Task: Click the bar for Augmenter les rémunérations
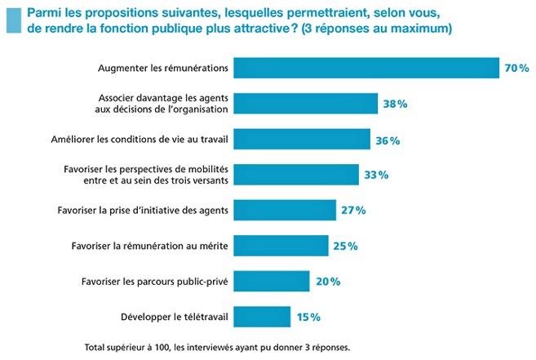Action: (365, 68)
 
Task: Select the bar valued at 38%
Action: (305, 104)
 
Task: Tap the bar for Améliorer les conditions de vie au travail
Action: (302, 140)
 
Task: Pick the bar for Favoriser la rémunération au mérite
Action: (281, 245)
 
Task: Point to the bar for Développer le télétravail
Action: (262, 316)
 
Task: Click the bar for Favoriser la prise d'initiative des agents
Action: (285, 210)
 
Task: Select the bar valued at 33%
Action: (296, 175)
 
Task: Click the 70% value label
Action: (517, 69)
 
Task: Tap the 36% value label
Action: (388, 140)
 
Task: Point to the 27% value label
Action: (353, 211)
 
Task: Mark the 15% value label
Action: (308, 317)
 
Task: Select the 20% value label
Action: (327, 282)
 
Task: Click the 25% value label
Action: (346, 246)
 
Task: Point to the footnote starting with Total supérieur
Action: (217, 347)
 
